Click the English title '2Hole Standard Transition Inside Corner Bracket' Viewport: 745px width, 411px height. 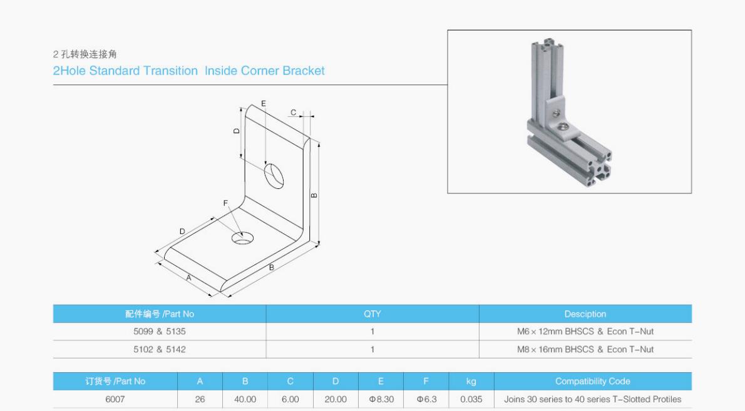[188, 71]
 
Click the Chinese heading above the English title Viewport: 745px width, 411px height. [85, 54]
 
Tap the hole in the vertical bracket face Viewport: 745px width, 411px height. [274, 175]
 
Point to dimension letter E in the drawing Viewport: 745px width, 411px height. [264, 103]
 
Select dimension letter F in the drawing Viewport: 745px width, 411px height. [225, 203]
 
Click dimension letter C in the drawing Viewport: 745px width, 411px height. [292, 113]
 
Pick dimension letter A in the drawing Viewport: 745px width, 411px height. [188, 277]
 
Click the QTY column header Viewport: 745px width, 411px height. [372, 314]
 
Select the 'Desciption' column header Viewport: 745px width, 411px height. [585, 314]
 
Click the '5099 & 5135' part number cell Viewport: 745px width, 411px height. [159, 332]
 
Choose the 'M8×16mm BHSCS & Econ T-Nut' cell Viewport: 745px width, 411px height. [585, 349]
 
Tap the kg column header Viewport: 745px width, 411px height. [471, 382]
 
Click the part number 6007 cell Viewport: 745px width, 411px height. [115, 399]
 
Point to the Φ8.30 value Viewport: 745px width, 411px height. [381, 399]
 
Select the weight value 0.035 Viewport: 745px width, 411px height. [471, 399]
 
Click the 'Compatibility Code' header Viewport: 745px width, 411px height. [592, 382]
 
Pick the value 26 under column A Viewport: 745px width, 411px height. [200, 399]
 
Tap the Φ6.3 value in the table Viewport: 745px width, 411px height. [426, 399]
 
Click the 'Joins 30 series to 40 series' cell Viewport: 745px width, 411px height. [592, 399]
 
